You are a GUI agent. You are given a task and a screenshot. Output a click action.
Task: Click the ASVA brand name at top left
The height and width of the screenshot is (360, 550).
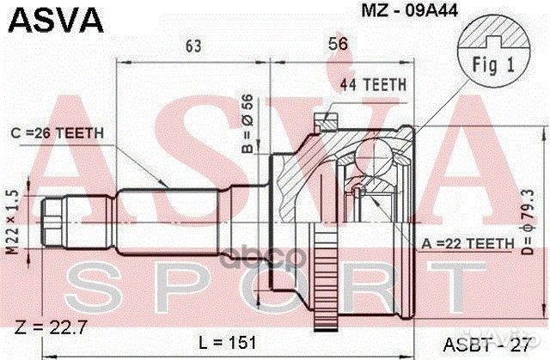(x=51, y=18)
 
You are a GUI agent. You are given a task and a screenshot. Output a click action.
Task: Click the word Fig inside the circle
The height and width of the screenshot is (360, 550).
(x=485, y=64)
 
